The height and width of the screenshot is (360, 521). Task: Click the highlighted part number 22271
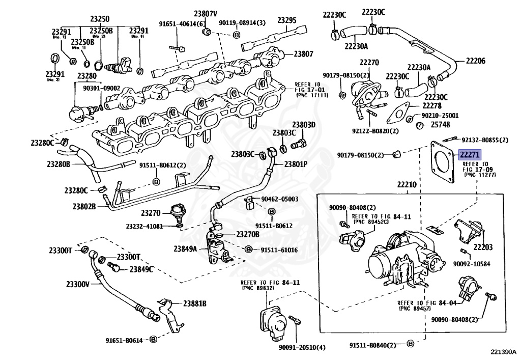click(x=470, y=155)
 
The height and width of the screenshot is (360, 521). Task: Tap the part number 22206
click(x=474, y=61)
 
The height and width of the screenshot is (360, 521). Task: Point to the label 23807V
click(x=205, y=13)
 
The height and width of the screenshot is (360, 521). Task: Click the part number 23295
click(x=287, y=20)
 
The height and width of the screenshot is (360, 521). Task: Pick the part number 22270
click(x=369, y=63)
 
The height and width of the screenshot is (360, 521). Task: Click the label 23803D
click(x=304, y=125)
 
